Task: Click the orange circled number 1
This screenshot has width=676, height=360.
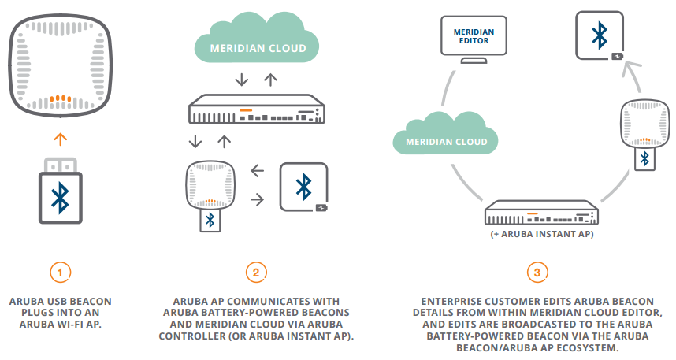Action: pos(61,272)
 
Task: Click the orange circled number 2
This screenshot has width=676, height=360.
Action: pos(255,272)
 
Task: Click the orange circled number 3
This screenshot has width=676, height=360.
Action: pos(537,272)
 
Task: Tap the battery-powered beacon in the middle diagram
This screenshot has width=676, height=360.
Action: pos(303,187)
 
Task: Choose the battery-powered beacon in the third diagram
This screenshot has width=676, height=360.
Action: pos(600,34)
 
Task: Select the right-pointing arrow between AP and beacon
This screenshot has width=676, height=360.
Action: pos(257,200)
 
